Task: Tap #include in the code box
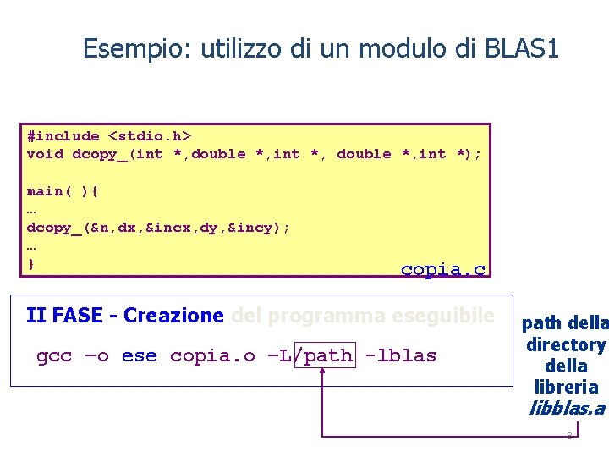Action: tap(63, 135)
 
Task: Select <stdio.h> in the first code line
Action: tap(150, 135)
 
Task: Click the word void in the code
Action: tap(45, 154)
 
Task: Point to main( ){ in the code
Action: tap(63, 191)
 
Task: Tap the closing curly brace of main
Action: tap(31, 265)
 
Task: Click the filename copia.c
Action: tap(443, 270)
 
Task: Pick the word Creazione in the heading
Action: tap(173, 317)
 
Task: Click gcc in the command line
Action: tap(54, 355)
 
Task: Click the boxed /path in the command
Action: tap(325, 355)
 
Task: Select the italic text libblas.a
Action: tap(566, 409)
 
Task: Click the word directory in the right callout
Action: tap(565, 345)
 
